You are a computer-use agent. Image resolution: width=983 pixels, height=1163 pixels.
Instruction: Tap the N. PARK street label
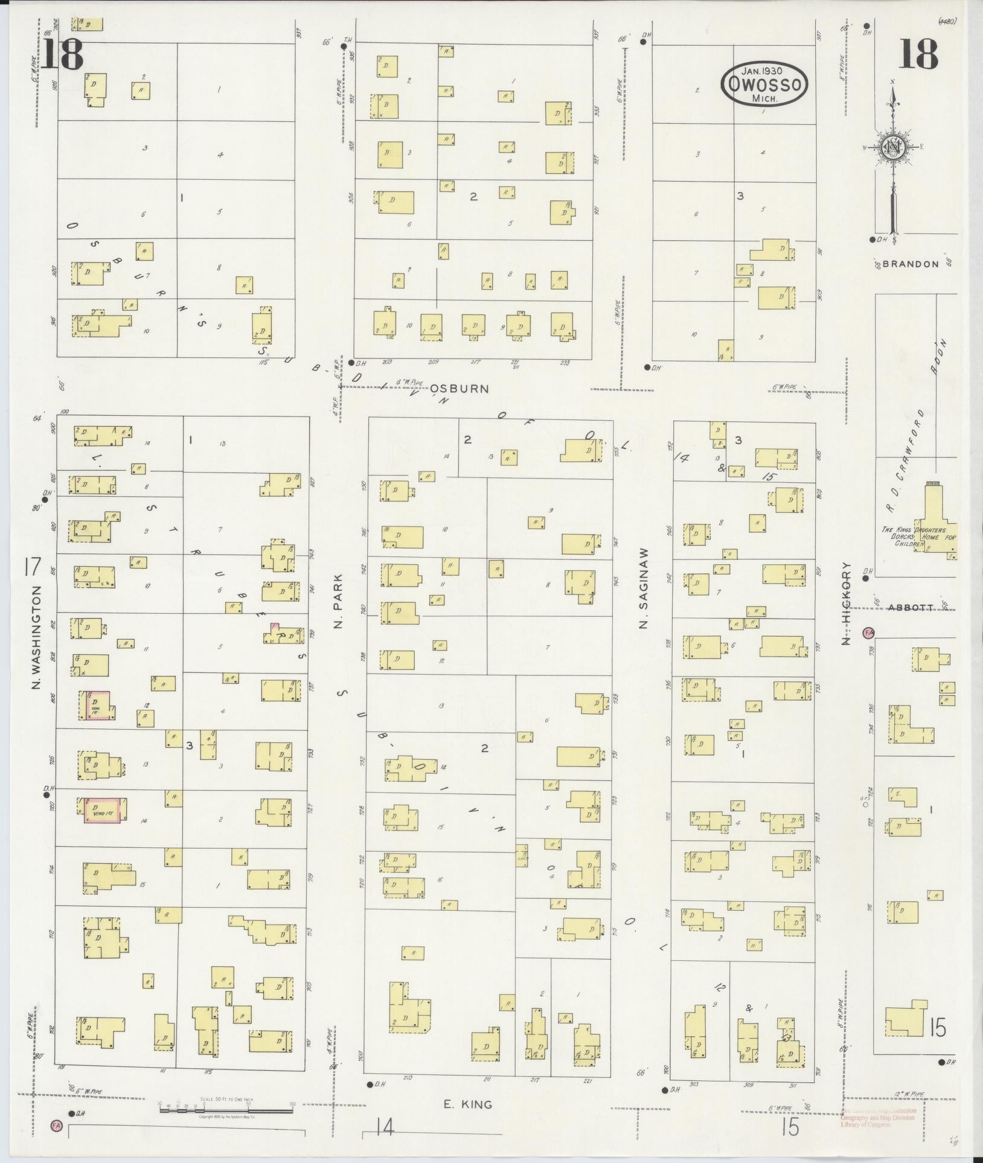[x=338, y=601]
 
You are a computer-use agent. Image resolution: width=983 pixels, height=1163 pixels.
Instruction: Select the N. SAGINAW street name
[x=644, y=588]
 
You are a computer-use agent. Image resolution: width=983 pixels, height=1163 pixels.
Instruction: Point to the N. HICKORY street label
[x=847, y=603]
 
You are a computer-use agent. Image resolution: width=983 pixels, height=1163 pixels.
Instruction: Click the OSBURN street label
[x=460, y=389]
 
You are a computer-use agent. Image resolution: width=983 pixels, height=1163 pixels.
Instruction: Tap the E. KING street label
[x=468, y=1104]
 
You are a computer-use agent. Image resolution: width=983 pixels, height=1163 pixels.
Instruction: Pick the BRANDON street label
[x=911, y=264]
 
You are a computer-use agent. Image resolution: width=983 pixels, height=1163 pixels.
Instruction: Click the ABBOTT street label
[x=911, y=608]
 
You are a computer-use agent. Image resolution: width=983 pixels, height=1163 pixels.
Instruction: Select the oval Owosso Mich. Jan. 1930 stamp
[x=764, y=83]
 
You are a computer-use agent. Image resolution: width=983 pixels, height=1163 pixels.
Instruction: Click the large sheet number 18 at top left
[x=63, y=54]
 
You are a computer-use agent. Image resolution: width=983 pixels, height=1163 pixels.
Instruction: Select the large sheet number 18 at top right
[x=918, y=54]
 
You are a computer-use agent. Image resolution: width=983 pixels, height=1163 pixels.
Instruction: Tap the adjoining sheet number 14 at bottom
[x=385, y=1126]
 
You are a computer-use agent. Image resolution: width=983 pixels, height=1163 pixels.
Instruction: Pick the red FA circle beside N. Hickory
[x=869, y=632]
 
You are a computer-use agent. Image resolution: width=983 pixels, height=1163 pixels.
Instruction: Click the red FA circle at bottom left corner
[x=56, y=1125]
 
